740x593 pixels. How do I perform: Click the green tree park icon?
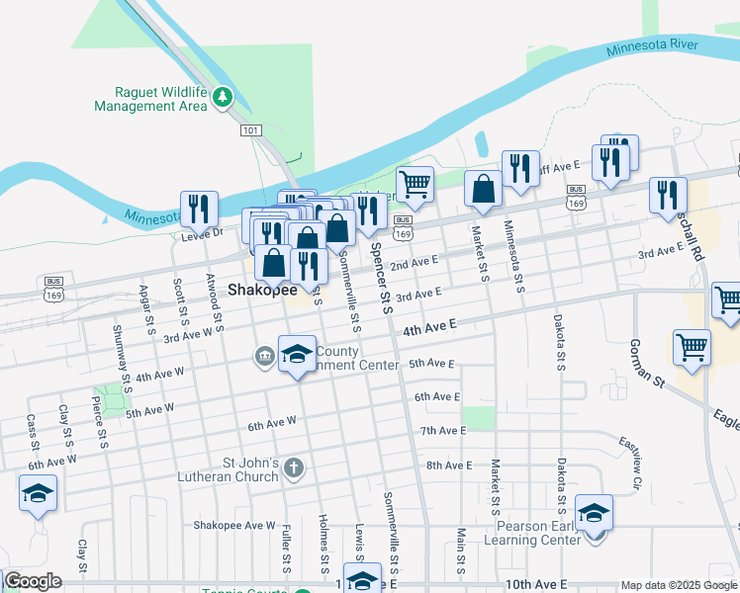click(223, 97)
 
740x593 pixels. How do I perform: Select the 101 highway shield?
click(249, 129)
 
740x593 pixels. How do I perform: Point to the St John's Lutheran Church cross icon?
click(293, 468)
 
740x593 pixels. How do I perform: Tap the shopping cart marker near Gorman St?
click(692, 348)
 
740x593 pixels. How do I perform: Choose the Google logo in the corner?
click(32, 581)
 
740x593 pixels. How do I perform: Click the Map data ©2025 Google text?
click(679, 585)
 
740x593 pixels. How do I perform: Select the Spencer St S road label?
click(381, 272)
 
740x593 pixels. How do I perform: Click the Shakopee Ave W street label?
click(234, 525)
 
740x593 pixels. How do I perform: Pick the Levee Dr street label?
click(202, 234)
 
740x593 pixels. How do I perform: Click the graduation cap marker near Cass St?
click(38, 493)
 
